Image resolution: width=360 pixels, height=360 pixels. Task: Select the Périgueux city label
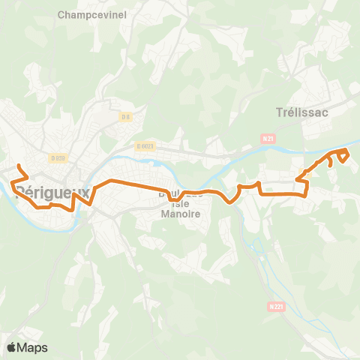point(52,192)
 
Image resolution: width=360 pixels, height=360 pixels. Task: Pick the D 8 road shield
point(126,117)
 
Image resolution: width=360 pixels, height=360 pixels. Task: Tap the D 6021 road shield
point(146,146)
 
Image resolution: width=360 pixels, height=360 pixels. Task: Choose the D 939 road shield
point(58,157)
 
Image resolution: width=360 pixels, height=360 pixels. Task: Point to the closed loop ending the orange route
point(343,154)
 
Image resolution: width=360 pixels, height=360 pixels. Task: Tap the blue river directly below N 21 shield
point(270,151)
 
